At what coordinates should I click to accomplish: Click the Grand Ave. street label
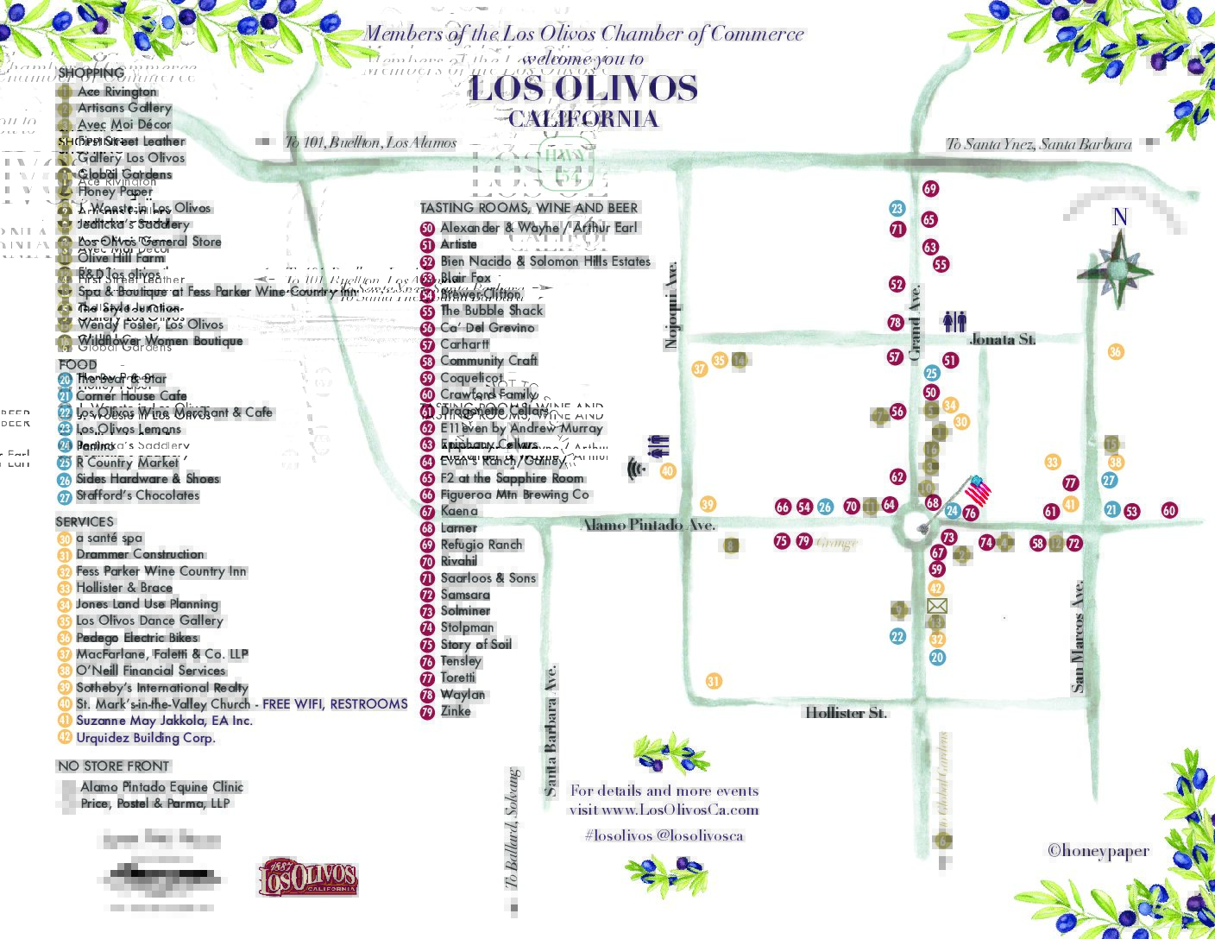tap(915, 323)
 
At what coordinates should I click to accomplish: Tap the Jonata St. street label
tap(1002, 339)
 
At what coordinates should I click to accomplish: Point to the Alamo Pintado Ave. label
tap(648, 524)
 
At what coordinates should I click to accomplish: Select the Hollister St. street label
tap(846, 712)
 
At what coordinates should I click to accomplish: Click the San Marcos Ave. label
tap(1078, 636)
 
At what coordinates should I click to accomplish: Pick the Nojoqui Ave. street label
tap(671, 306)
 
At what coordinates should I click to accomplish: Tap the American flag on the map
tap(977, 491)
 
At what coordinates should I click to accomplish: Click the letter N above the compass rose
tap(1119, 217)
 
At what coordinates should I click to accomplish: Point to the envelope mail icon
tap(936, 606)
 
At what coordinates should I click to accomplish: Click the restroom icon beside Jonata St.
tap(954, 322)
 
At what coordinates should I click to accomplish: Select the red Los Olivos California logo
tap(307, 878)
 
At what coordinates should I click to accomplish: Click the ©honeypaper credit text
tap(1098, 850)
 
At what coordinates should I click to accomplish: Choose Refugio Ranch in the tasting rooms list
tap(481, 545)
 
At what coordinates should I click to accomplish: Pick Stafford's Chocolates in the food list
tap(137, 495)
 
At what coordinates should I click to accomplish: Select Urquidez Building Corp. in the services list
tap(145, 738)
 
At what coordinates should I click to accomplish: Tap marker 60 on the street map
tap(1169, 510)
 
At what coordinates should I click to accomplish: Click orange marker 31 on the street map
tap(713, 681)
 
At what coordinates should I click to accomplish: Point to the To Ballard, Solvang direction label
tap(513, 829)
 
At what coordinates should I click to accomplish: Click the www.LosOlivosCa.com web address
tap(680, 810)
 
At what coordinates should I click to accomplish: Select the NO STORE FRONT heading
tap(113, 766)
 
